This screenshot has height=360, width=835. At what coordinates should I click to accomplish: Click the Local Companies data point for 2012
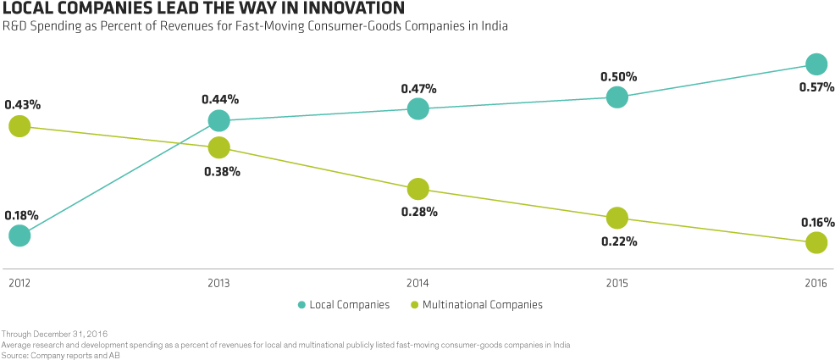point(19,235)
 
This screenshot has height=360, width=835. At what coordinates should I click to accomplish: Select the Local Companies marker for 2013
point(218,121)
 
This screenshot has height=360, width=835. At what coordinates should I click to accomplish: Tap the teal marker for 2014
point(417,108)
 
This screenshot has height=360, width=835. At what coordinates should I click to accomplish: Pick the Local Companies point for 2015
point(617,97)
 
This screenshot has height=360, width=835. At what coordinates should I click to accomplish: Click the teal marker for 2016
point(816,64)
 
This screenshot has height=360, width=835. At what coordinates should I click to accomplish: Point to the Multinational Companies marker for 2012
point(19,127)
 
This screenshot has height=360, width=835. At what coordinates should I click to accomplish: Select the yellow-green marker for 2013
point(218,147)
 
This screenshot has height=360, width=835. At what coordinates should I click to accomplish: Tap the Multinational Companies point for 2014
point(417,188)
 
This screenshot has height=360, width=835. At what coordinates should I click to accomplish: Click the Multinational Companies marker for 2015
point(617,218)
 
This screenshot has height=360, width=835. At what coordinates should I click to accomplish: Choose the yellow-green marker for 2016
point(816,243)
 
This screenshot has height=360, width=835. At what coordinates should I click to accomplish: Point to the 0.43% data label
point(22,104)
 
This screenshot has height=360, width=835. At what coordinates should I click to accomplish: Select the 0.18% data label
point(21,215)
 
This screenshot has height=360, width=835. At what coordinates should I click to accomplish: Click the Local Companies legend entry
point(343,304)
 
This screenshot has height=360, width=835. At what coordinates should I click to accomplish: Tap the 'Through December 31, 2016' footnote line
point(54,335)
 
